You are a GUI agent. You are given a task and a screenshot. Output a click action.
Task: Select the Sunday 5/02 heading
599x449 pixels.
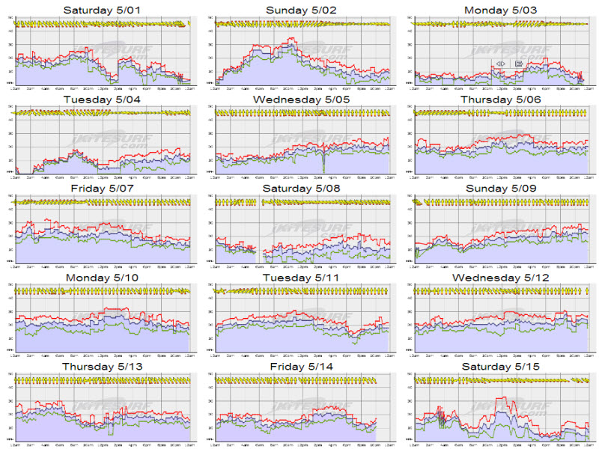coord(299,10)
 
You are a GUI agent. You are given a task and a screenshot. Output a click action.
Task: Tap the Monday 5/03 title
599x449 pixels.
coord(499,10)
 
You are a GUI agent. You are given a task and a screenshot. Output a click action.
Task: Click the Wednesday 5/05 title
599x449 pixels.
coord(299,99)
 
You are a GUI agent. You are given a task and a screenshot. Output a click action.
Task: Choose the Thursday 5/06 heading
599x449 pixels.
coord(499,99)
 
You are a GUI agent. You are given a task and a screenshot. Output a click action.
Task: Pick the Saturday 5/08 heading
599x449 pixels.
coord(299,188)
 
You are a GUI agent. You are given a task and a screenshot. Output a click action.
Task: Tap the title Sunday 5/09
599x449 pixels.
coord(499,188)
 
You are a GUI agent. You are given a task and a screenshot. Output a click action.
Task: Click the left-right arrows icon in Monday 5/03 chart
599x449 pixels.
coord(500,64)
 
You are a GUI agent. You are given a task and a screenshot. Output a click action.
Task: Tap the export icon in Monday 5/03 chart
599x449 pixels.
coord(518,64)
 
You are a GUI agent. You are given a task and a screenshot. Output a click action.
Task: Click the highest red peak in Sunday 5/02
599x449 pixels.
coord(292,39)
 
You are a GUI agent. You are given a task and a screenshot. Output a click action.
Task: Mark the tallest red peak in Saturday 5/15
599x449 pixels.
coord(505,397)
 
